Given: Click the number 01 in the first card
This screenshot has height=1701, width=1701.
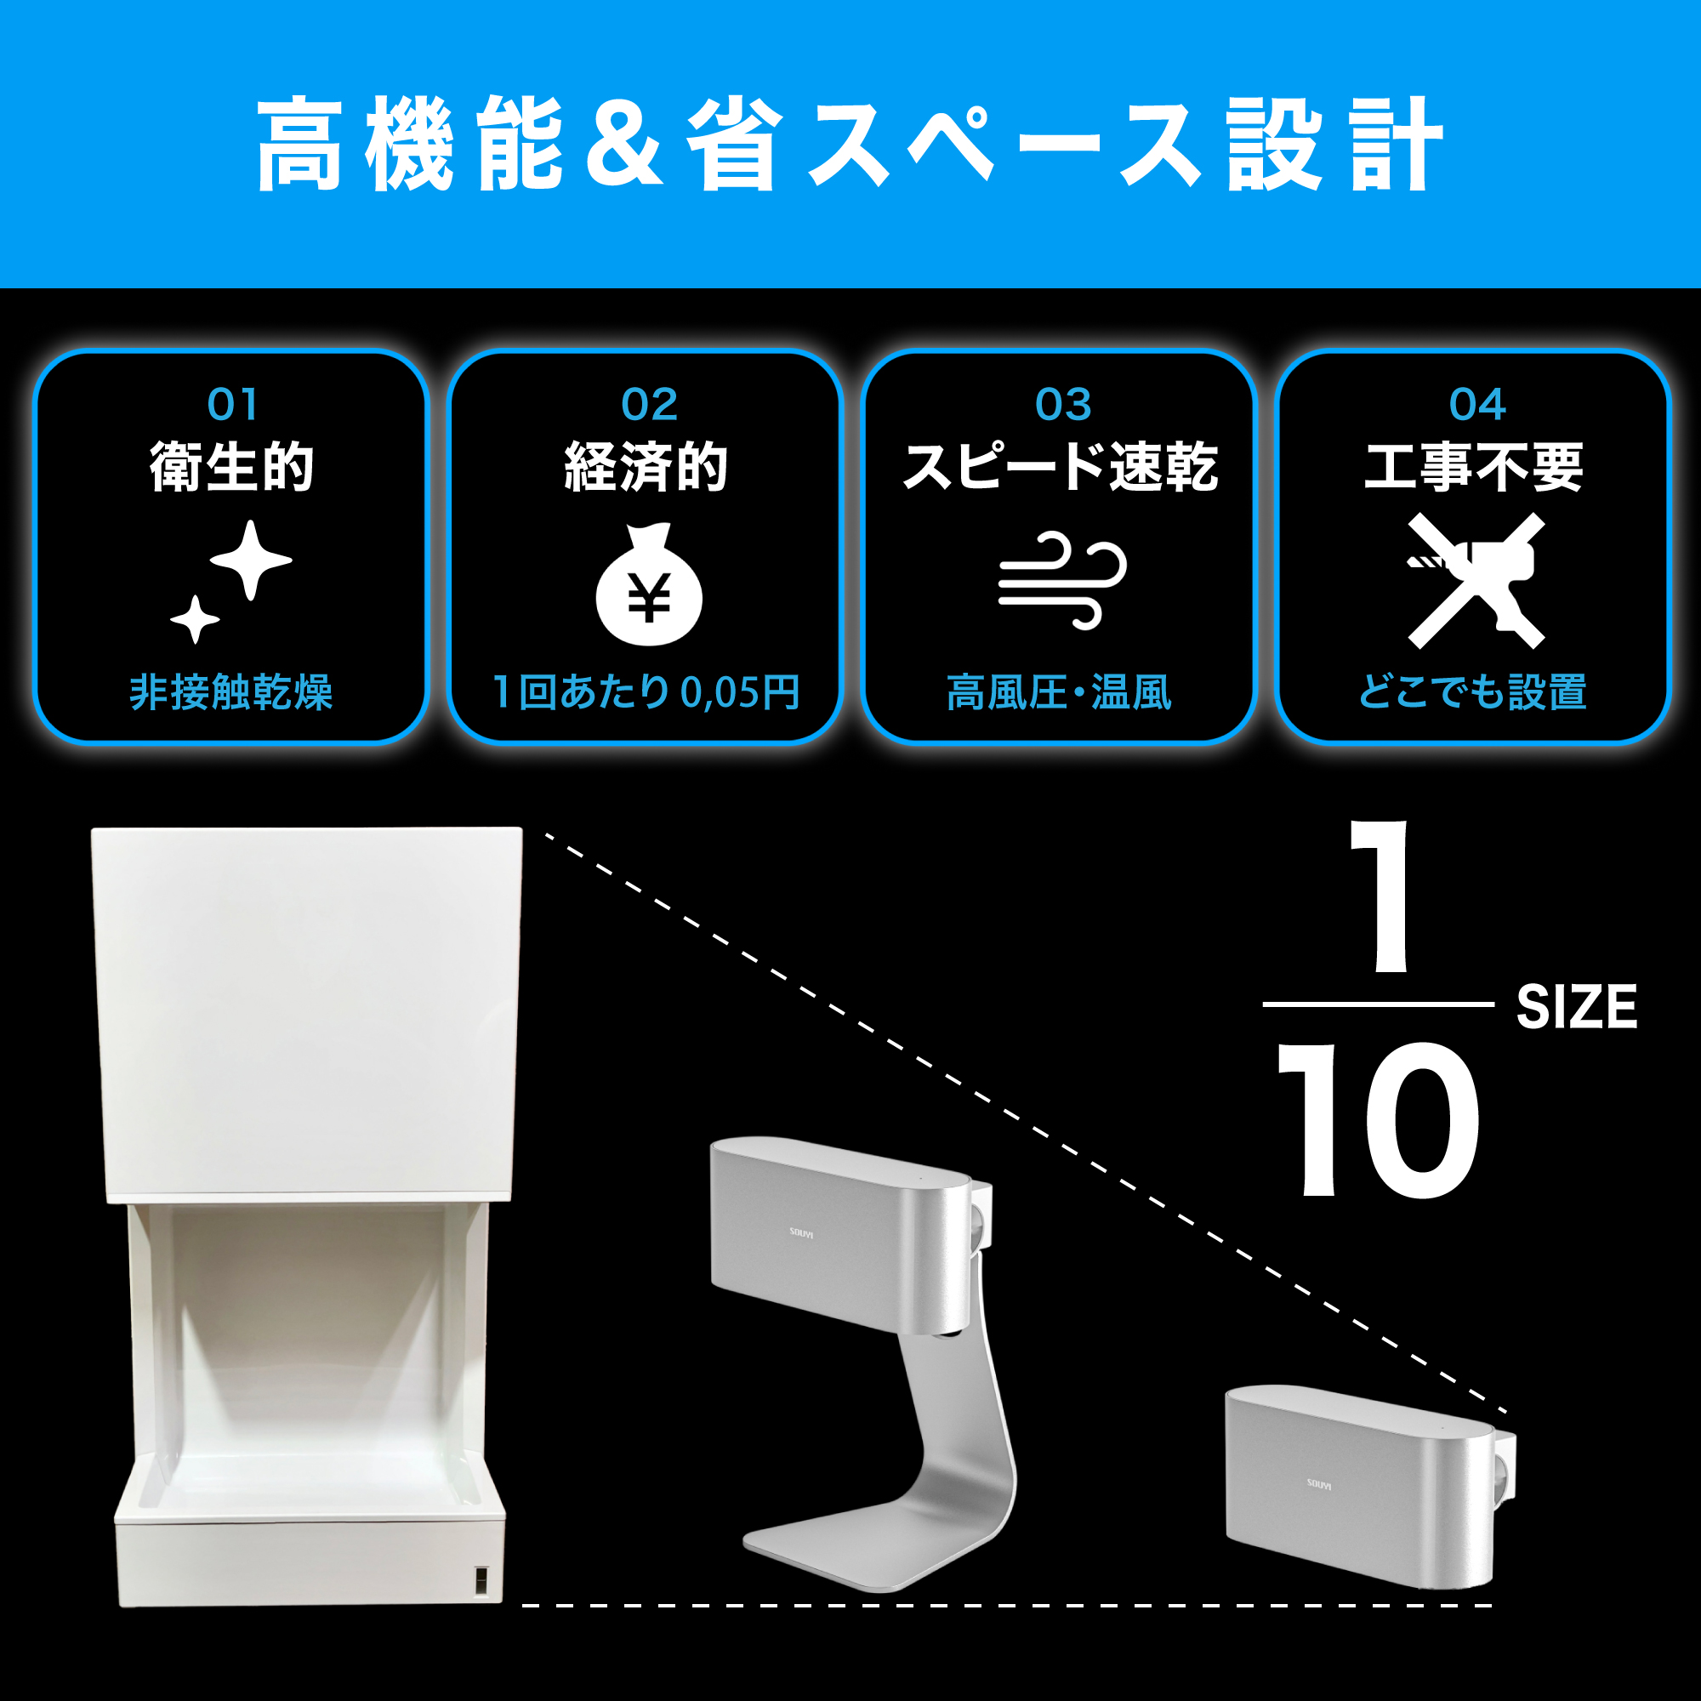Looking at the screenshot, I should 233,405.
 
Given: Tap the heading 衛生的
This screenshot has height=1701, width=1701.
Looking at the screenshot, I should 232,467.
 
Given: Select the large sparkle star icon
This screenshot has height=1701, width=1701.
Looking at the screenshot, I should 251,560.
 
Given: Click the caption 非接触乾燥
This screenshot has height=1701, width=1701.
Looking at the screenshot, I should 231,692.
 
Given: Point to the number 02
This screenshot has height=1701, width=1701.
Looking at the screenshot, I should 649,405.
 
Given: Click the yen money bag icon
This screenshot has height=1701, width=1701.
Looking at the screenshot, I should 649,587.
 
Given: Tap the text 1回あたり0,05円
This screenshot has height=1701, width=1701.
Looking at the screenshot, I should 646,692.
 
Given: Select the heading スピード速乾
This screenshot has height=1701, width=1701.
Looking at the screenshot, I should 1061,467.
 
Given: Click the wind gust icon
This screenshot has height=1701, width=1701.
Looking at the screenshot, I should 1062,579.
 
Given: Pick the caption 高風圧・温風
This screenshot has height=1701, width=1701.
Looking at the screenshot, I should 1059,692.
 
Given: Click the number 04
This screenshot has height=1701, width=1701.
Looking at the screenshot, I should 1477,405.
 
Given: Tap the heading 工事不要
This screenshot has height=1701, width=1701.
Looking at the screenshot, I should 1474,467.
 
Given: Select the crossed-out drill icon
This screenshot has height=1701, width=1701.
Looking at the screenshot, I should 1476,581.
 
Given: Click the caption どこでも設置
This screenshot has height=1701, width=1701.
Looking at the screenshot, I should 1473,692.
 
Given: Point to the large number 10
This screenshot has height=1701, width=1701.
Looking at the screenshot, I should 1378,1120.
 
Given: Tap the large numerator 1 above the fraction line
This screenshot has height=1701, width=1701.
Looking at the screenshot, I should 1382,898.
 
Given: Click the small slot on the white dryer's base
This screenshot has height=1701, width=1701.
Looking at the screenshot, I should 481,1581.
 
